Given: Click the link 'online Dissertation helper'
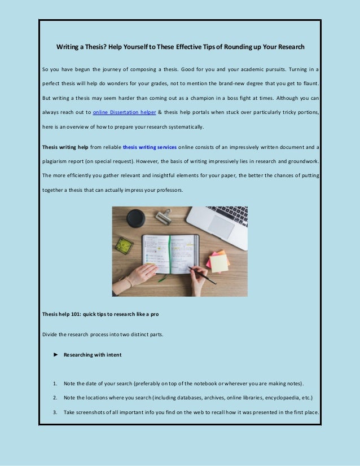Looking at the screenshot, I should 125,112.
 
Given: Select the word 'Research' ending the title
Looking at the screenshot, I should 288,46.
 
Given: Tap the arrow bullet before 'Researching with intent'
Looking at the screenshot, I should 55,355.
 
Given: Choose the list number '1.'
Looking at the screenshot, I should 55,384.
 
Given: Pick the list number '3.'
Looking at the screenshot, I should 55,412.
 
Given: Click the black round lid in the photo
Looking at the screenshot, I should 135,217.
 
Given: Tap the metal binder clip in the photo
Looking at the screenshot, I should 164,216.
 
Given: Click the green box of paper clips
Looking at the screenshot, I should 124,245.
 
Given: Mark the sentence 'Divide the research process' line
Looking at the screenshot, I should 103,334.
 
